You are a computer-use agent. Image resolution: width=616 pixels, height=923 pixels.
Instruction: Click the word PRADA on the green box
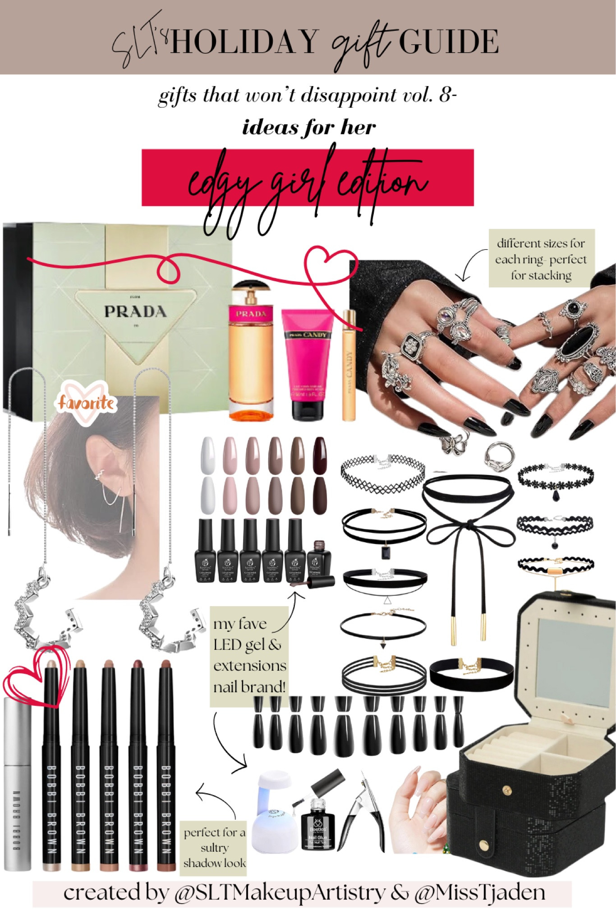click(x=135, y=311)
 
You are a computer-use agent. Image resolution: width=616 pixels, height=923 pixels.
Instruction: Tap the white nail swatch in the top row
click(x=208, y=456)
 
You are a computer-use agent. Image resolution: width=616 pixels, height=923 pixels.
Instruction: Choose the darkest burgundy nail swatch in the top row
click(x=320, y=456)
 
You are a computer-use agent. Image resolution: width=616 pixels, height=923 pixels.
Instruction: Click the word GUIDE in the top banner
click(x=448, y=41)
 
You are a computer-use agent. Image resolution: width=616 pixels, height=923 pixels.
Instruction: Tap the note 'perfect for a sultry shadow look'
click(x=214, y=847)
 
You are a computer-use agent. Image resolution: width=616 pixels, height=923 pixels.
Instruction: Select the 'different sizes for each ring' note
click(x=541, y=259)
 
